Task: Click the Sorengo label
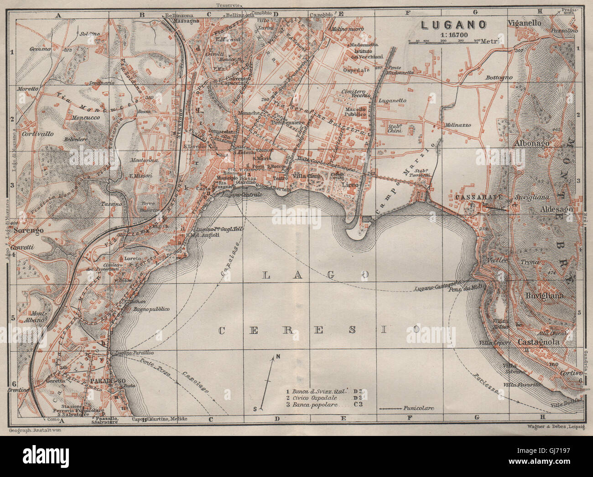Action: click(28, 230)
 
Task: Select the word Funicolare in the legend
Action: click(419, 408)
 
